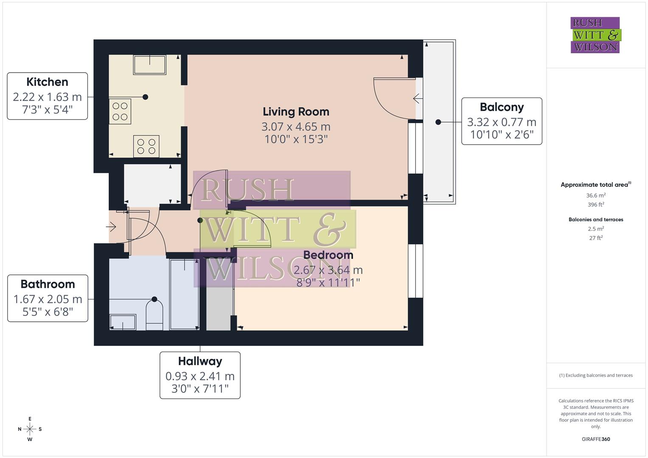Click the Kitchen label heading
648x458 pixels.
point(47,82)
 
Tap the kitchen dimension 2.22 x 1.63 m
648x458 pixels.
point(47,97)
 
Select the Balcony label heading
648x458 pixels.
point(502,107)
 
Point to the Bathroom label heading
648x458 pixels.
point(48,284)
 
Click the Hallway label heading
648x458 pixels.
point(200,361)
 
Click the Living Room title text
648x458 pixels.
point(296,112)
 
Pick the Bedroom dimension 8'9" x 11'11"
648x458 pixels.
point(328,282)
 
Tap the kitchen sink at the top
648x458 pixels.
point(149,64)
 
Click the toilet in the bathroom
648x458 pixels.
point(154,314)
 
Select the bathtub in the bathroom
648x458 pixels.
point(184,294)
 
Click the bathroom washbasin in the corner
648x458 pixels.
point(123,322)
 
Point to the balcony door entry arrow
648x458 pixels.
point(418,99)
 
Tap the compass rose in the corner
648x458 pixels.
point(30,429)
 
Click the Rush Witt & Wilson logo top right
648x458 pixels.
point(595,35)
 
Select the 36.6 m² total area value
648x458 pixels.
point(596,195)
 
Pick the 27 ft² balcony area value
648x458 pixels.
point(596,238)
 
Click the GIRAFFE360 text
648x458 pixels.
point(596,439)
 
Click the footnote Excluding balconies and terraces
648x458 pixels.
point(596,375)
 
